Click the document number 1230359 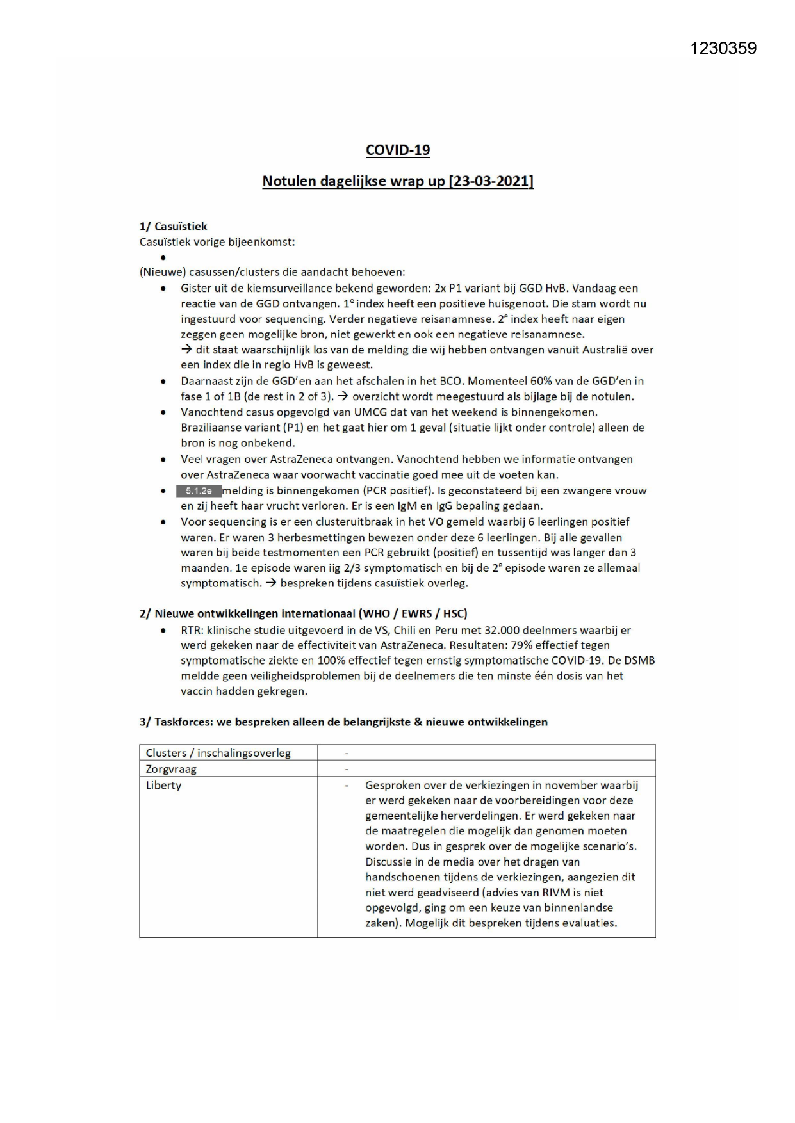723,49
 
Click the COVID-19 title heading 397,150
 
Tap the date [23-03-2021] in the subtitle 491,181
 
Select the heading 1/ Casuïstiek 173,226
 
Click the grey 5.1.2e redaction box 199,491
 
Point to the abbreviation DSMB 639,661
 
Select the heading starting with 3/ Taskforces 343,722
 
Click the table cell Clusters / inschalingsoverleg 218,753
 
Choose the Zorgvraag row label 171,769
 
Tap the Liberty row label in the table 163,785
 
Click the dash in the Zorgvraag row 347,769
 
